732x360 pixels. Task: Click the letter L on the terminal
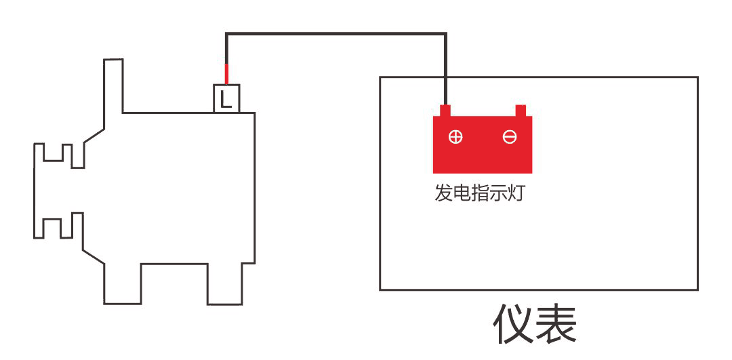226,99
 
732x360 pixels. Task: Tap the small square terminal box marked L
226,98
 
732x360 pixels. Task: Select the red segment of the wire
226,74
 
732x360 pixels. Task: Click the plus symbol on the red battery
455,137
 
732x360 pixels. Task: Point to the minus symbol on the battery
509,137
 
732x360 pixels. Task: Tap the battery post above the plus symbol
445,111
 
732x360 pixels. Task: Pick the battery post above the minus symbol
521,111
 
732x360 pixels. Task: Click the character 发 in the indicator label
443,193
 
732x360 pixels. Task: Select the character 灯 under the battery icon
515,193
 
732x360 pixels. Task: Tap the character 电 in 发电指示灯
462,193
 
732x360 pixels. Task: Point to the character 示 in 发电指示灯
497,193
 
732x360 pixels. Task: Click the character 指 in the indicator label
480,193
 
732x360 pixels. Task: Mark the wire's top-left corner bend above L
226,34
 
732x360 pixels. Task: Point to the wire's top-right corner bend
446,34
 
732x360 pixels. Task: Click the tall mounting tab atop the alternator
113,86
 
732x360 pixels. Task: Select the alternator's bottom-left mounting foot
122,284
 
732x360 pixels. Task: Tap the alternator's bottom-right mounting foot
225,284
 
